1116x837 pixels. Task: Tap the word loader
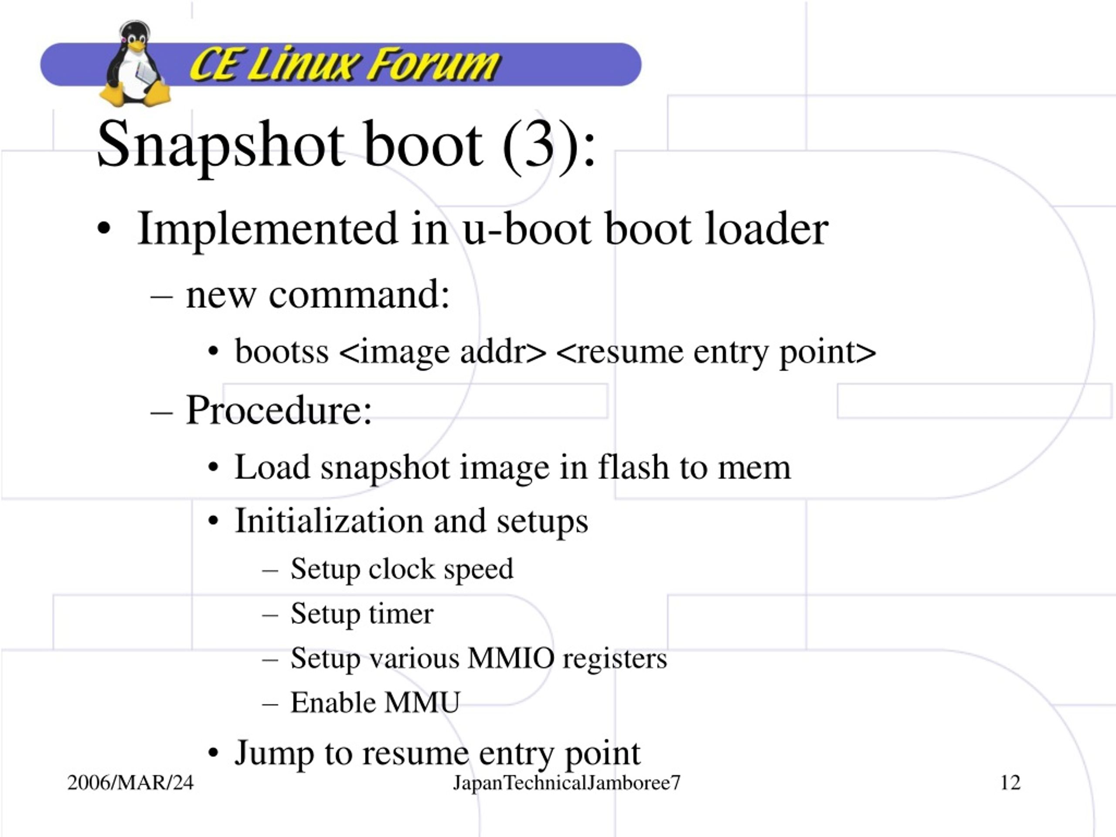[x=766, y=229]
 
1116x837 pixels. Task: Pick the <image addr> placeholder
[x=443, y=352]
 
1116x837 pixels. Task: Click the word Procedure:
[x=279, y=410]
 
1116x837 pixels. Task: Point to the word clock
[x=401, y=568]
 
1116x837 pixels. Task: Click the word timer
[x=401, y=613]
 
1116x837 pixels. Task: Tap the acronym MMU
[x=422, y=702]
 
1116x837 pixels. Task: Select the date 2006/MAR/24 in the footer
[x=130, y=783]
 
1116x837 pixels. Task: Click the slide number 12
[x=1010, y=783]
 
